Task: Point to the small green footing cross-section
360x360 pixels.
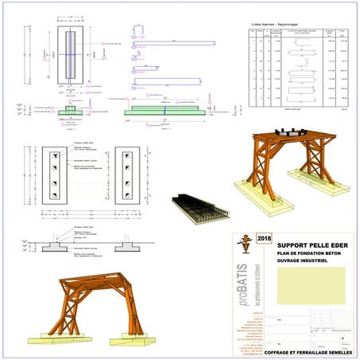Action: coord(68,111)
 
